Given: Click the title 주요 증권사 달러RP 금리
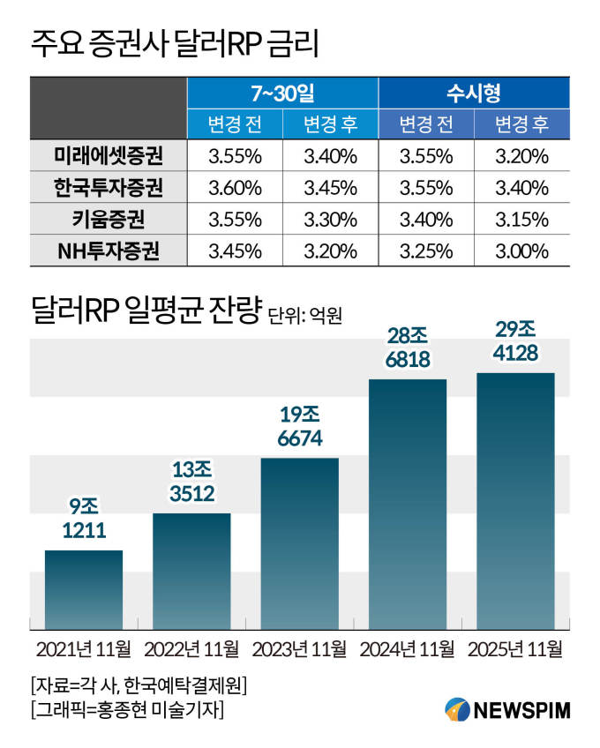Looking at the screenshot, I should click(x=174, y=42).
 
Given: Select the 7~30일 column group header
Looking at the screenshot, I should click(x=282, y=93).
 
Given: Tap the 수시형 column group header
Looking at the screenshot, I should click(x=474, y=93).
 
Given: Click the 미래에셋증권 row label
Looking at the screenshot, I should click(x=108, y=157).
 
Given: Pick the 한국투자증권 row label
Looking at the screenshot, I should click(x=108, y=188).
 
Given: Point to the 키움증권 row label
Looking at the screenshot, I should click(x=108, y=219).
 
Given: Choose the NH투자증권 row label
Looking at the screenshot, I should click(x=108, y=251).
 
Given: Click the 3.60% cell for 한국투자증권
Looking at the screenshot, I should click(x=234, y=188).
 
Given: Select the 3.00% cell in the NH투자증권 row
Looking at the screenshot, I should click(x=522, y=251).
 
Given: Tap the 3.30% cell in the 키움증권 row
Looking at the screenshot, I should click(x=330, y=219).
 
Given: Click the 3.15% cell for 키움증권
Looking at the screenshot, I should click(x=522, y=219).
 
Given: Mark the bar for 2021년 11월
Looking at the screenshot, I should click(x=84, y=588).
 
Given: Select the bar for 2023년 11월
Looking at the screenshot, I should click(x=300, y=542).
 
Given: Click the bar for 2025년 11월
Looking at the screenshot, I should click(x=515, y=500).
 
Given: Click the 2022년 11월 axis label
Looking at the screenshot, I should click(x=191, y=650).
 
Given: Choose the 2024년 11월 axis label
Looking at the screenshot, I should click(x=407, y=650).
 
